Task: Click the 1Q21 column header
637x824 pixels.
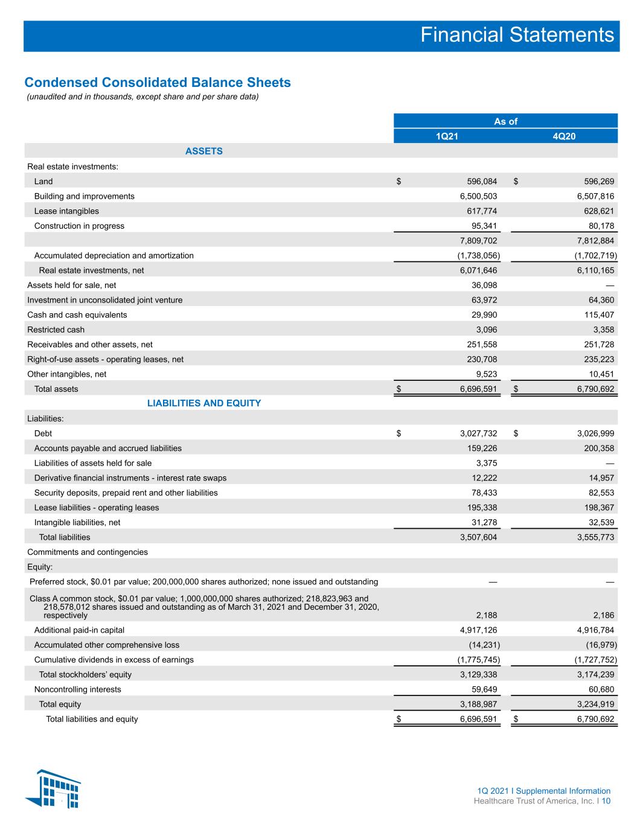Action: coord(447,136)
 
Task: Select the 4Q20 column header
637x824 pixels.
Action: coord(564,136)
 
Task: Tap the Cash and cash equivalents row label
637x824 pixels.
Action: coord(77,315)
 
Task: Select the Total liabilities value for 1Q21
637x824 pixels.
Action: coord(479,537)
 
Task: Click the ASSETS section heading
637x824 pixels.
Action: coord(203,151)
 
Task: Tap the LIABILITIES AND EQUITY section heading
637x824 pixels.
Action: coord(204,403)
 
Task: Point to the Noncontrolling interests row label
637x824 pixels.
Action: coord(77,689)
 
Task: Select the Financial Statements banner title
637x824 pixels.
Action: coord(517,35)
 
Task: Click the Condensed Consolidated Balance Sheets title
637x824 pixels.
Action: coord(158,82)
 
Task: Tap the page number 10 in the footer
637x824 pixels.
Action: coord(606,801)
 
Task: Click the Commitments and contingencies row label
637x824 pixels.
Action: coord(88,552)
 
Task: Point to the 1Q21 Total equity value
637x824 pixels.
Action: coord(479,704)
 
